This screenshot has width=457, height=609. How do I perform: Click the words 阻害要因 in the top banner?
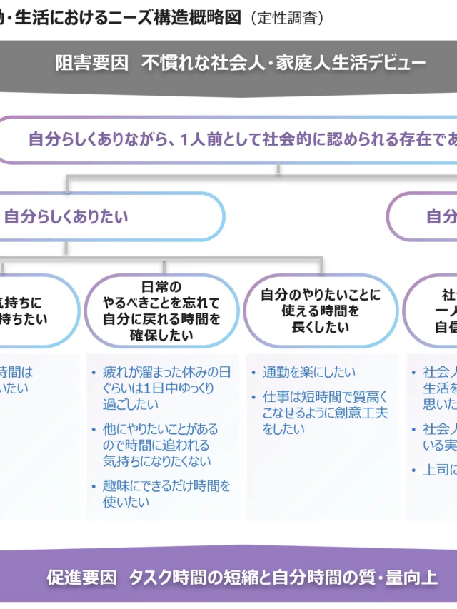[91, 63]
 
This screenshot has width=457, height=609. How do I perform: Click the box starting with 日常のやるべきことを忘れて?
[161, 311]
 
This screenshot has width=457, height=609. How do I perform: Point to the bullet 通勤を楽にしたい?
[308, 372]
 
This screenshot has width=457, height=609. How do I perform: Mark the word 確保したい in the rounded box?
[161, 334]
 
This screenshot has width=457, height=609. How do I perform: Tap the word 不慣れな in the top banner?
[170, 63]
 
